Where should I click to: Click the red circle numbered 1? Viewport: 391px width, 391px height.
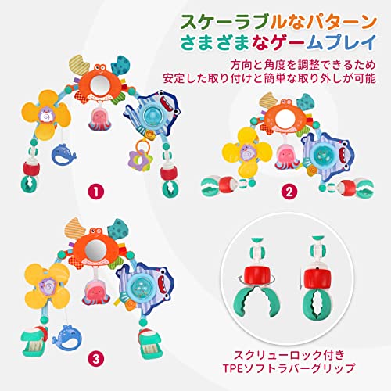(96, 192)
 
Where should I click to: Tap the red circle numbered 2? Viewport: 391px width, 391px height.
(289, 192)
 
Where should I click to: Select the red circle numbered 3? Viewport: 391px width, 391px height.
(96, 359)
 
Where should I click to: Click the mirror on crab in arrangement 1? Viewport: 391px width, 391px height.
(99, 84)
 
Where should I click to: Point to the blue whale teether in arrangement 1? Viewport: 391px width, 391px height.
(63, 155)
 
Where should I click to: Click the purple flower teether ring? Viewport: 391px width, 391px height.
(140, 160)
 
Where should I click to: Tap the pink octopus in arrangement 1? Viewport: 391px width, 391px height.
(99, 120)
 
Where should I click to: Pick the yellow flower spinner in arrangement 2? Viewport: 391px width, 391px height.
(246, 152)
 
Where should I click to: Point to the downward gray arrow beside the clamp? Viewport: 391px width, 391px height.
(300, 279)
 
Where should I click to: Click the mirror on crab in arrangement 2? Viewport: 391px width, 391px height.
(285, 119)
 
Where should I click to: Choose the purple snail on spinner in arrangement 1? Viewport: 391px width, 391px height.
(47, 116)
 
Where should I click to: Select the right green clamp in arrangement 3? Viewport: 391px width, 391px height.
(149, 343)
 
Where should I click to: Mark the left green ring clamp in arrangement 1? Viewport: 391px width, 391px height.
(29, 184)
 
